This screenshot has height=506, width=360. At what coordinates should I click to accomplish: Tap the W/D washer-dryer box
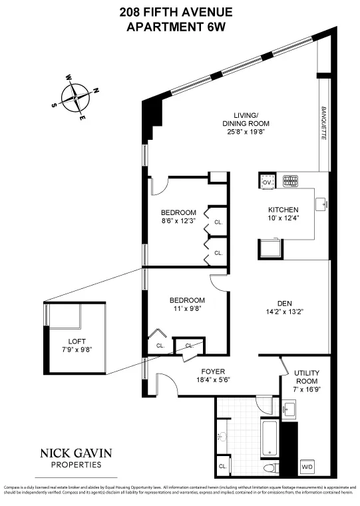click(x=308, y=467)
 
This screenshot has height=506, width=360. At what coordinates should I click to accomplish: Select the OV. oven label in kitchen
click(x=267, y=181)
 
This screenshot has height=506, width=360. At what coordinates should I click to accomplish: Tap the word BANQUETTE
click(x=324, y=123)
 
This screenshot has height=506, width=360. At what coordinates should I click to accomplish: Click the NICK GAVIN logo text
click(x=76, y=453)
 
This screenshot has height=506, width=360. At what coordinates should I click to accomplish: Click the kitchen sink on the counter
click(x=321, y=203)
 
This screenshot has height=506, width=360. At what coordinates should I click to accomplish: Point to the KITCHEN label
click(x=283, y=210)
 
